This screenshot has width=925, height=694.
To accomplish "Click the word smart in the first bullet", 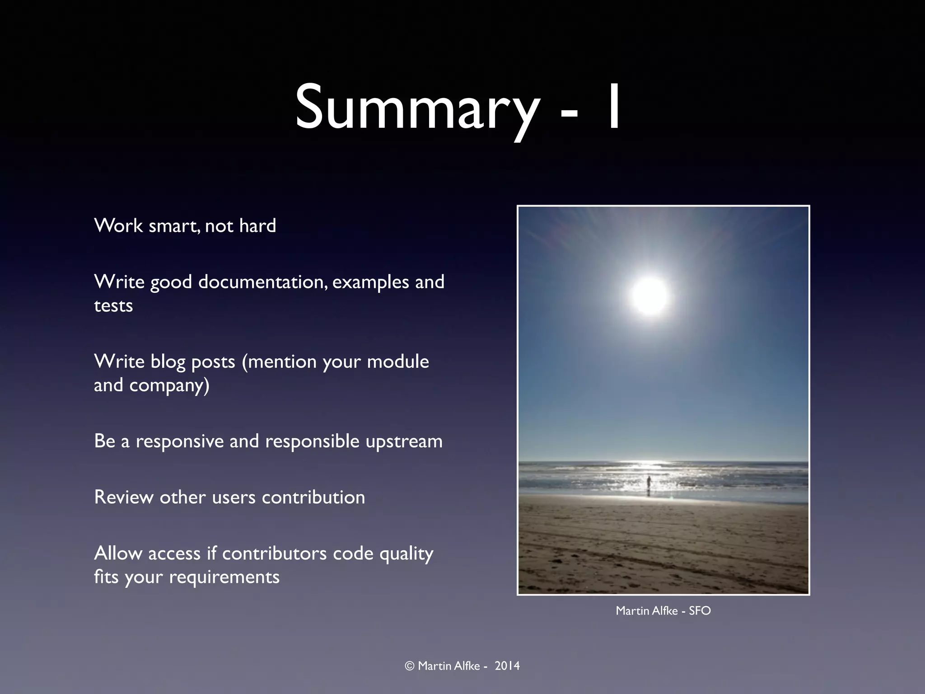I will click(x=174, y=226).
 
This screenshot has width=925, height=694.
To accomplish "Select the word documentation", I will click(x=263, y=282).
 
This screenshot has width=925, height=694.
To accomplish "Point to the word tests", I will click(x=113, y=306).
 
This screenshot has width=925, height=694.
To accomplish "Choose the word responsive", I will click(x=179, y=441).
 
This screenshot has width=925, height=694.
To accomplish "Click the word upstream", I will click(x=404, y=441).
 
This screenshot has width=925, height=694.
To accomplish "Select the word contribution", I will click(x=313, y=497).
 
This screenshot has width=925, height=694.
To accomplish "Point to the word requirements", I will click(x=224, y=577).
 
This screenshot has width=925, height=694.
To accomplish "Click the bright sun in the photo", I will click(x=649, y=295).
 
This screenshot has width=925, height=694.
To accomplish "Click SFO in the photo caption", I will click(x=700, y=611).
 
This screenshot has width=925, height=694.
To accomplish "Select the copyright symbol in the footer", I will click(x=410, y=666).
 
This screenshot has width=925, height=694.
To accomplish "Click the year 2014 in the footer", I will click(x=507, y=666).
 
